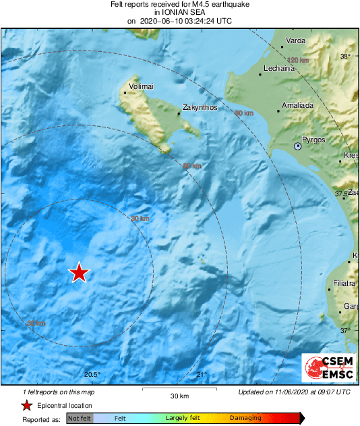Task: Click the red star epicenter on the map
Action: click(x=80, y=272)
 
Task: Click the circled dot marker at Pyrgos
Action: click(x=297, y=146)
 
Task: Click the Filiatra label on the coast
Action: click(x=344, y=283)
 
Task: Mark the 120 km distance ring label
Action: click(x=297, y=60)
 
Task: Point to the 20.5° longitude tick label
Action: click(x=92, y=375)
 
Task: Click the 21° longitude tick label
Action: click(x=202, y=375)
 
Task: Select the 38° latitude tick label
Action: click(x=345, y=57)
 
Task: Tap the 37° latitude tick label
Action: click(x=345, y=330)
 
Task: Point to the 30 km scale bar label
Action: click(x=179, y=395)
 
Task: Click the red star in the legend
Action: click(x=26, y=405)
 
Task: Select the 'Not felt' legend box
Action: click(x=79, y=418)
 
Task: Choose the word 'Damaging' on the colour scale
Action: click(x=245, y=418)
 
